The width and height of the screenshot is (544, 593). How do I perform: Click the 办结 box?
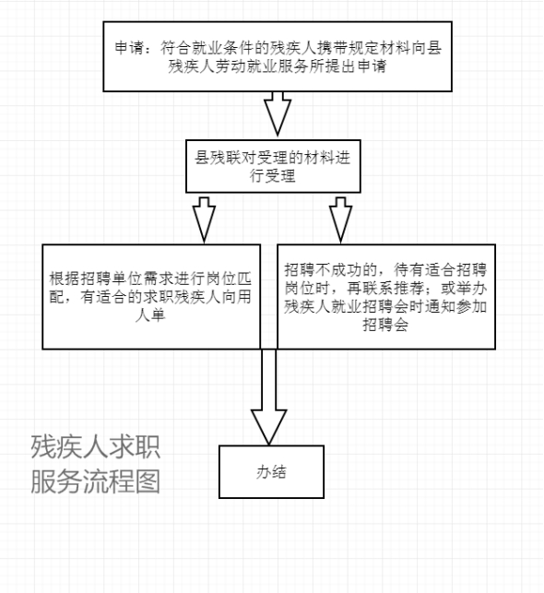tap(271, 471)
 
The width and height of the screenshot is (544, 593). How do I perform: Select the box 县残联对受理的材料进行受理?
tap(273, 166)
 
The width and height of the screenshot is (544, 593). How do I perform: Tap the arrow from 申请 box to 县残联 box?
tap(278, 113)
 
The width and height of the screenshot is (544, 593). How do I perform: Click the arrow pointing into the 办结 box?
tap(269, 397)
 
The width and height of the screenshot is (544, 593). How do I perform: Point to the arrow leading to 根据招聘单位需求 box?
tap(204, 219)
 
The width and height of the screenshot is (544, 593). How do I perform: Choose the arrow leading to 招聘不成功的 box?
tap(340, 219)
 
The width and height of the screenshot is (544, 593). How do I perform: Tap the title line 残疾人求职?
tap(96, 446)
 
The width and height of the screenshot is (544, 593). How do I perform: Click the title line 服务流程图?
tap(96, 481)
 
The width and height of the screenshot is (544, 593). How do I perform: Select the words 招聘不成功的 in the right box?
tap(331, 270)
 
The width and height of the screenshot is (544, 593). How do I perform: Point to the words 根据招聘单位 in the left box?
tap(96, 279)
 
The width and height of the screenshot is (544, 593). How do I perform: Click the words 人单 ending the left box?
tap(150, 315)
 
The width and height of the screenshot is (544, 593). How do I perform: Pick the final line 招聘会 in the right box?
tap(385, 325)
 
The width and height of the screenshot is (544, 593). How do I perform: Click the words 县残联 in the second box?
tap(218, 158)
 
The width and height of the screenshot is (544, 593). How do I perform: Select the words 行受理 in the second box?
tap(273, 176)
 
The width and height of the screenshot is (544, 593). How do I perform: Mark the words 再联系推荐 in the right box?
tap(385, 288)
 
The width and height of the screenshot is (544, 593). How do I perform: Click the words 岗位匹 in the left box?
tap(229, 279)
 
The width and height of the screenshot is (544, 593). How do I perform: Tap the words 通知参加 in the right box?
tap(455, 306)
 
